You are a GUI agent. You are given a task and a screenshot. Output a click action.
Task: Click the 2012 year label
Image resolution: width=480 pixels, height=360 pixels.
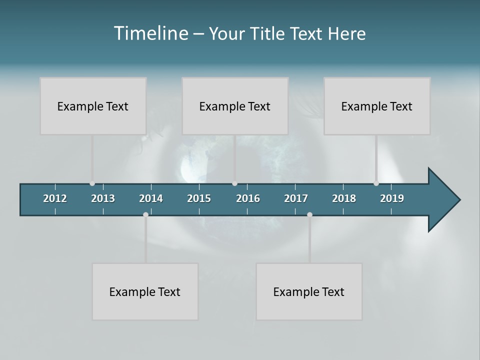[x=55, y=198]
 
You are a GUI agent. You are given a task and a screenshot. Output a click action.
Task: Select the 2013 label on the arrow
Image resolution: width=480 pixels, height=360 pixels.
[x=103, y=198]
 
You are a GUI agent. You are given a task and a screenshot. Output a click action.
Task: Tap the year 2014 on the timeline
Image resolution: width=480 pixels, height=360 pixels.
[x=151, y=198]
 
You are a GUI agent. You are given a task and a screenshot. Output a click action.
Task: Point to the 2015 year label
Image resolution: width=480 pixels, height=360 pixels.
[x=199, y=198]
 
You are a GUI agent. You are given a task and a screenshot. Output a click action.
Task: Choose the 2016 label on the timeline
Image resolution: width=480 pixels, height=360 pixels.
[x=248, y=198]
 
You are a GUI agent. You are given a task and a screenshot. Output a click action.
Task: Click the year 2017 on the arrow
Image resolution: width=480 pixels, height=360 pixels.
[x=296, y=198]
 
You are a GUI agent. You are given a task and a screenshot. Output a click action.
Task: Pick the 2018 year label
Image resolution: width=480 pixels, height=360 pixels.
[x=344, y=198]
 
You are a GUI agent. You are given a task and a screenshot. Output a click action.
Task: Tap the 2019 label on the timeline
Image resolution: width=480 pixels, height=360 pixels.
[x=392, y=198]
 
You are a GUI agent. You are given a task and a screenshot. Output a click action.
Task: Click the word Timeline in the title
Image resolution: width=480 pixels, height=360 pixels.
[x=150, y=33]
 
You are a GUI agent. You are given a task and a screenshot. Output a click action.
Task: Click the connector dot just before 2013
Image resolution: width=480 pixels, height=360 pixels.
[x=92, y=183]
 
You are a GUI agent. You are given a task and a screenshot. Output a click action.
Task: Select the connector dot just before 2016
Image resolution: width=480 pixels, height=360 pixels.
[x=235, y=183]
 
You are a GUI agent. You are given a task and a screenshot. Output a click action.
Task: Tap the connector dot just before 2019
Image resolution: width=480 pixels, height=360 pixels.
[x=376, y=183]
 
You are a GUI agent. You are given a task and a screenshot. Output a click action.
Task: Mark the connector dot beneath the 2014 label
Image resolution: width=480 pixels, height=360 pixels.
[x=145, y=214]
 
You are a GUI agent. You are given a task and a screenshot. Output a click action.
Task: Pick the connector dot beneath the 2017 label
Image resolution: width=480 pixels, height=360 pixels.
[x=309, y=214]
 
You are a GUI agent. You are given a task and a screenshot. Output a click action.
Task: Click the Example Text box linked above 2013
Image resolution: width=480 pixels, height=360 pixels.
[x=93, y=106]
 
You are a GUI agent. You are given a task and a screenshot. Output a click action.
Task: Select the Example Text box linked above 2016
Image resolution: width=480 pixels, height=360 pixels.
[x=235, y=106]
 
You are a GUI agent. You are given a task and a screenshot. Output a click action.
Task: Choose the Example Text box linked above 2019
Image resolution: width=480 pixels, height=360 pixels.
[x=377, y=106]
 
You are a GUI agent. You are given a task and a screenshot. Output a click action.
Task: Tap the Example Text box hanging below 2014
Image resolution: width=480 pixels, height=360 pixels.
[x=145, y=291]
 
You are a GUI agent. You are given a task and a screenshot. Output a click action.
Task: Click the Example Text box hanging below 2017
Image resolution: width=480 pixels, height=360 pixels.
[x=309, y=291]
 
